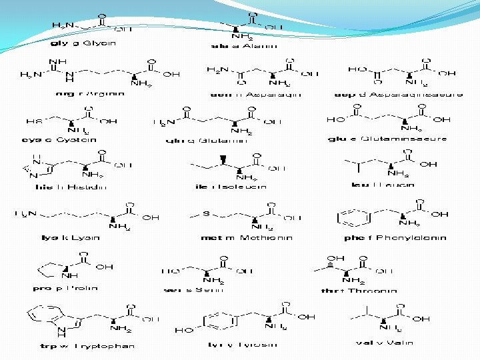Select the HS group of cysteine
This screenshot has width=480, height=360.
coord(33,121)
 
